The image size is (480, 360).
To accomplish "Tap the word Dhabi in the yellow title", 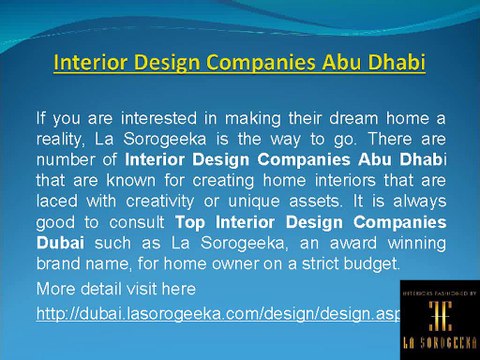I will pyautogui.click(x=390, y=64).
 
